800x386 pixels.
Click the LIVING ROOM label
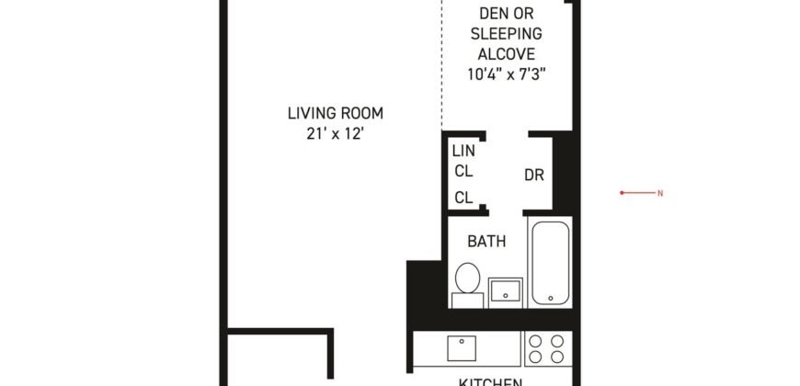(335, 114)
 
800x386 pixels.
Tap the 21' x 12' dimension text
(335, 133)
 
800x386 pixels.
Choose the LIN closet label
(463, 150)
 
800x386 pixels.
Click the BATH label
(485, 243)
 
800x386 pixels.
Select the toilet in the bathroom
(468, 281)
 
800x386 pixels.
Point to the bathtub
(550, 261)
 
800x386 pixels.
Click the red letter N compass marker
(659, 193)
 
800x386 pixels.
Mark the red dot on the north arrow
(623, 193)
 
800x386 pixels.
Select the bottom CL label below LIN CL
(463, 198)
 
